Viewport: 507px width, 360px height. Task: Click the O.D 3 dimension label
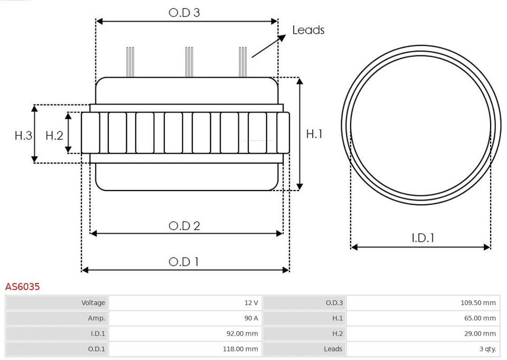184,13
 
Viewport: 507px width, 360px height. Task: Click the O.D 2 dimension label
184,226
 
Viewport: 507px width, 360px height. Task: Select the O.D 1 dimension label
184,262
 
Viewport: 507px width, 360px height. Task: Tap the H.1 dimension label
314,134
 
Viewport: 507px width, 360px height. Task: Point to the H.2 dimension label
54,136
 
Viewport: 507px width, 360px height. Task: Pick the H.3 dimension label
23,136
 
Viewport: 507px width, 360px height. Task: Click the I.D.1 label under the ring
422,238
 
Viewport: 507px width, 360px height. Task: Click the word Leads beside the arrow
308,30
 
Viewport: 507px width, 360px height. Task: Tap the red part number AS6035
23,287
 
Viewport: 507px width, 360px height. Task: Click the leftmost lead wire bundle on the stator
130,62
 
